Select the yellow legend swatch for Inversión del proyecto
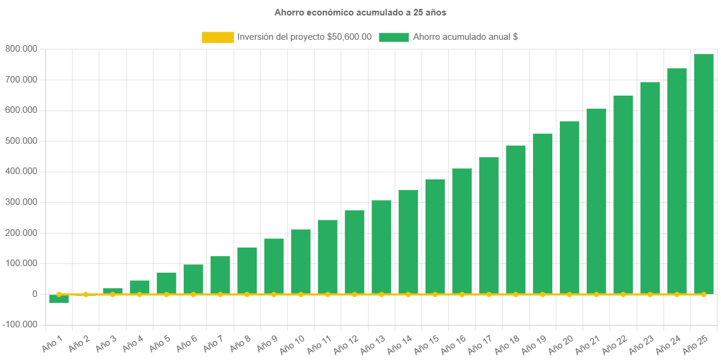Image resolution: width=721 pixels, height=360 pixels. [218, 37]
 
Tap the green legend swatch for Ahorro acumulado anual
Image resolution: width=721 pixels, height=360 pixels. [393, 37]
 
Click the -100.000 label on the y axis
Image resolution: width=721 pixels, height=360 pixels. [20, 324]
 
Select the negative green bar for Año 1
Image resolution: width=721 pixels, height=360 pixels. [59, 299]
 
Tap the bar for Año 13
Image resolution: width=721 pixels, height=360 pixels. [381, 247]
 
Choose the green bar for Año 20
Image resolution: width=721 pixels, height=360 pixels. [569, 207]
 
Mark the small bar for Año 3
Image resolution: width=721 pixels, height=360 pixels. [112, 290]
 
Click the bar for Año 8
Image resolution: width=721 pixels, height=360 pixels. [247, 270]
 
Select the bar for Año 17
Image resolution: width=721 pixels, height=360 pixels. [489, 225]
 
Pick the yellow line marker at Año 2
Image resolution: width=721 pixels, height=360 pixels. [86, 294]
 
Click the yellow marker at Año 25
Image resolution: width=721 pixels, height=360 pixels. [703, 294]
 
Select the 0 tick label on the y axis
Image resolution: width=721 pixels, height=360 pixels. [34, 294]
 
